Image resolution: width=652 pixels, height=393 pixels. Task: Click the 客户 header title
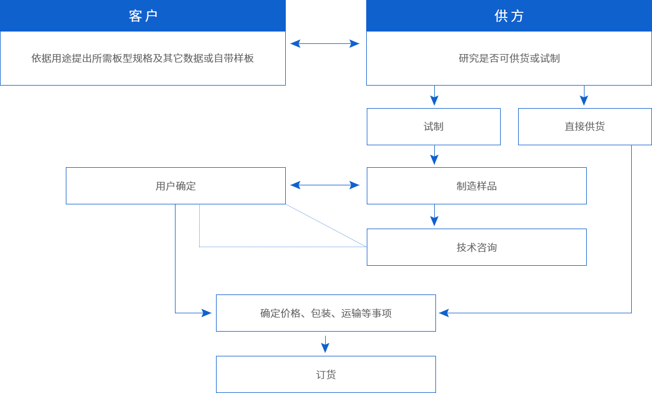pyautogui.click(x=143, y=16)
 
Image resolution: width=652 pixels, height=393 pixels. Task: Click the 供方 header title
pyautogui.click(x=509, y=16)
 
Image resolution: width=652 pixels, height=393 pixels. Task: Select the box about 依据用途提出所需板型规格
pyautogui.click(x=143, y=58)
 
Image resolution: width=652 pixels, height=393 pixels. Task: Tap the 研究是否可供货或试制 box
pyautogui.click(x=509, y=58)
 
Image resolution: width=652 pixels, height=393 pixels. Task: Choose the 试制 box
pyautogui.click(x=433, y=127)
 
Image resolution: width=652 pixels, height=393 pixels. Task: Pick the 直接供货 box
pyautogui.click(x=584, y=127)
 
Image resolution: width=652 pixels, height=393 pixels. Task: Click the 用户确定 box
pyautogui.click(x=176, y=186)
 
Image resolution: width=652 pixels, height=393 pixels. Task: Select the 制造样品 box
pyautogui.click(x=476, y=186)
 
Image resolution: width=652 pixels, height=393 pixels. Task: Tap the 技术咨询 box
pyautogui.click(x=476, y=247)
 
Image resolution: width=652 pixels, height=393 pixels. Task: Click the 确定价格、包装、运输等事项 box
pyautogui.click(x=326, y=313)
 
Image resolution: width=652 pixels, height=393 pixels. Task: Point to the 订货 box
pyautogui.click(x=326, y=374)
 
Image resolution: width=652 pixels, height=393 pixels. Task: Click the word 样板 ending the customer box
pyautogui.click(x=244, y=58)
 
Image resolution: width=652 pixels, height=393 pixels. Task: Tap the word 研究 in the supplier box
pyautogui.click(x=469, y=58)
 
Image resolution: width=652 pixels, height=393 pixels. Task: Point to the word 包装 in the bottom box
pyautogui.click(x=321, y=313)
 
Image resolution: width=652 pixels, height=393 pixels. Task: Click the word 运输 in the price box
pyautogui.click(x=352, y=313)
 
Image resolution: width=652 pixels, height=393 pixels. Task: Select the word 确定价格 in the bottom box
pyautogui.click(x=280, y=313)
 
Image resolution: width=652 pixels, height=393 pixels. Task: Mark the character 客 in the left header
pyautogui.click(x=136, y=16)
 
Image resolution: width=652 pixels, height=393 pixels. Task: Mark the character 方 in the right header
pyautogui.click(x=518, y=16)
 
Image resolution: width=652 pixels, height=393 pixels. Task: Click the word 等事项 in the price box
pyautogui.click(x=377, y=313)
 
